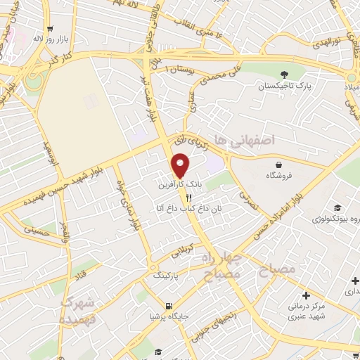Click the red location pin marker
click(x=181, y=166)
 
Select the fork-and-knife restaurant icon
click(x=169, y=198)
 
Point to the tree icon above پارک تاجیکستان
click(x=283, y=75)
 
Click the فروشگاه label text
click(x=288, y=176)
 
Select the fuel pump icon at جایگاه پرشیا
click(x=168, y=306)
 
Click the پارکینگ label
click(x=167, y=276)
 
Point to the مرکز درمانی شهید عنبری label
click(x=307, y=311)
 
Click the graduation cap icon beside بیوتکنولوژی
click(x=337, y=208)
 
